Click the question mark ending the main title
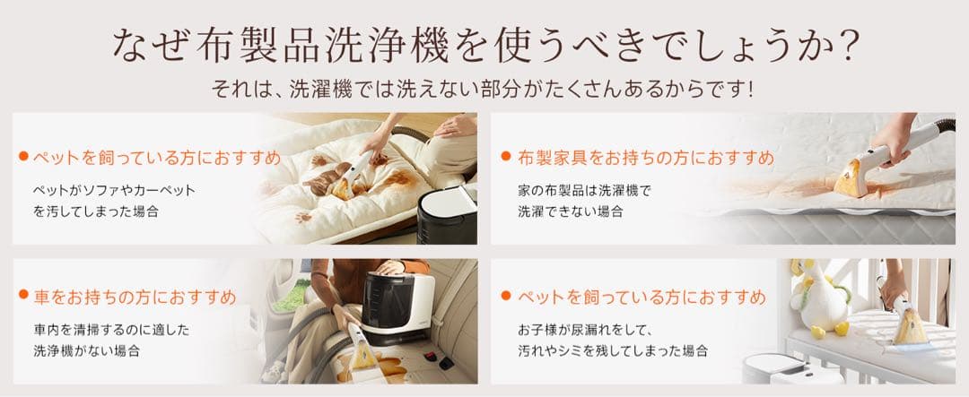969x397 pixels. click(x=847, y=46)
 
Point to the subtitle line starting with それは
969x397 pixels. click(x=482, y=91)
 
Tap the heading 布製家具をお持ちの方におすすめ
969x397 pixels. click(x=645, y=159)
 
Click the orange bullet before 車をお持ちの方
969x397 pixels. click(x=23, y=295)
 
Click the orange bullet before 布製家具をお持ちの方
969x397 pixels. click(x=506, y=158)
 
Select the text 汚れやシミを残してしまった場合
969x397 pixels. click(x=613, y=350)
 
